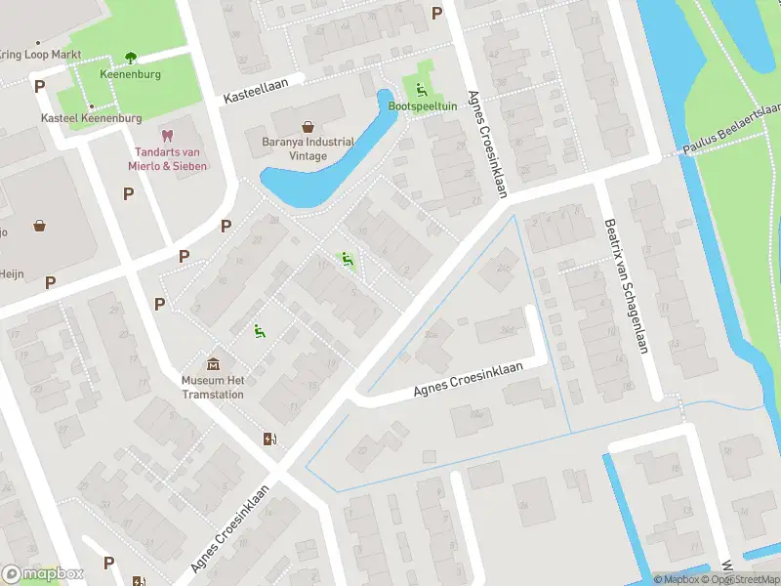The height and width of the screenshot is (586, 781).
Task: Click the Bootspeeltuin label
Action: click(x=423, y=105)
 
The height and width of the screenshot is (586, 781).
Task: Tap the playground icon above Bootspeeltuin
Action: click(x=422, y=90)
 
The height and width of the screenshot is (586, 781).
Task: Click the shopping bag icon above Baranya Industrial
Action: click(x=308, y=127)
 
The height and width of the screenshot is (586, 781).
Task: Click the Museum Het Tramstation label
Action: click(x=213, y=388)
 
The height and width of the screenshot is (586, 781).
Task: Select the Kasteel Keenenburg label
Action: click(x=91, y=118)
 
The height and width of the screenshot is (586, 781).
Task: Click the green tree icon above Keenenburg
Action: click(x=130, y=58)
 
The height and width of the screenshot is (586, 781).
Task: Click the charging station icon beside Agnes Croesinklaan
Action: click(x=269, y=439)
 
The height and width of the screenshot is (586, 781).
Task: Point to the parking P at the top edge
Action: click(x=436, y=13)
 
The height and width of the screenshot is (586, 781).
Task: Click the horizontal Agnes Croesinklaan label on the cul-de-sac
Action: click(x=468, y=380)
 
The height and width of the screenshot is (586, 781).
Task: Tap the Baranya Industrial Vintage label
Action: click(x=308, y=148)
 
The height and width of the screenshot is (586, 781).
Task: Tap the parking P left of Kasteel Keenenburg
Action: click(x=40, y=87)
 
